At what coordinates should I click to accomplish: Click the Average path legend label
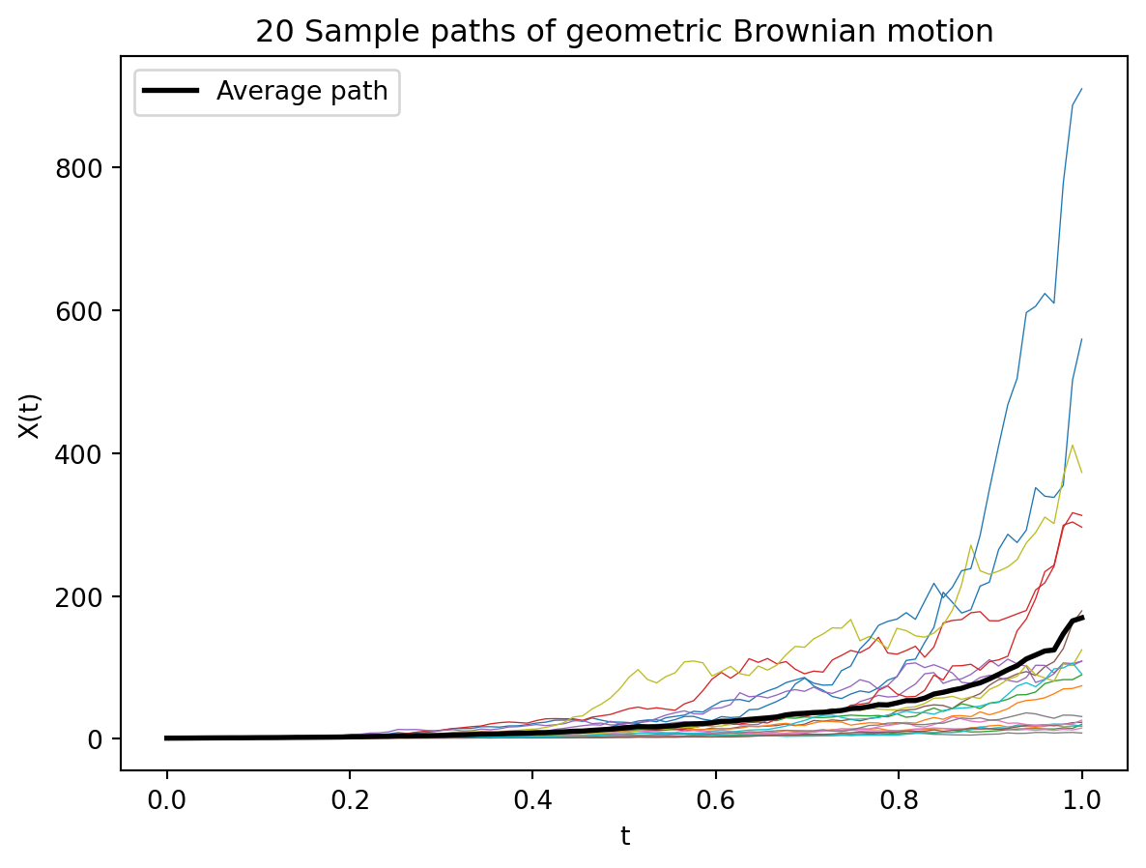(x=301, y=91)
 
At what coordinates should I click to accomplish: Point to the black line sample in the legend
(x=172, y=91)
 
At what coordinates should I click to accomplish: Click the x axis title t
(x=624, y=835)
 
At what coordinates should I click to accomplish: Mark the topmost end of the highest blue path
(x=1081, y=88)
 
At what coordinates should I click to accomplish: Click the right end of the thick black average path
(x=1082, y=617)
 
